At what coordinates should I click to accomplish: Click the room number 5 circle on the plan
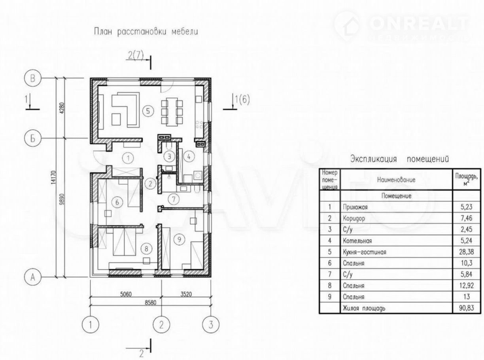[x=148, y=111]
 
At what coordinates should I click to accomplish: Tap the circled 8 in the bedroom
[x=146, y=249]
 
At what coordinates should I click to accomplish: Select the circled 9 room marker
[x=180, y=239]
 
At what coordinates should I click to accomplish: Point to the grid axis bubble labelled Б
[x=33, y=138]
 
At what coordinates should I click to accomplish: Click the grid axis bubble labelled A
[x=33, y=277]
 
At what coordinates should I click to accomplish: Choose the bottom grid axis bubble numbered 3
[x=211, y=325]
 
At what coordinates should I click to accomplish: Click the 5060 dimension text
[x=126, y=294]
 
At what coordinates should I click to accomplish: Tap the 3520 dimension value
[x=186, y=294]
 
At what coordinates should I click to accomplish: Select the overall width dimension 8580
[x=150, y=303]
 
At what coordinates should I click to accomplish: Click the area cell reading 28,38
[x=466, y=252]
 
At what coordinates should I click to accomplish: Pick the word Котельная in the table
[x=357, y=241]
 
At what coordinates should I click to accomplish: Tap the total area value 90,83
[x=466, y=308]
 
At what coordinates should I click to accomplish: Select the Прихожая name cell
[x=355, y=207]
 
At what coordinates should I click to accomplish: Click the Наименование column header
[x=396, y=180]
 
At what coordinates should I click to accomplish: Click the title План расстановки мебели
[x=146, y=32]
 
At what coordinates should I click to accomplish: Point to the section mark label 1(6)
[x=242, y=100]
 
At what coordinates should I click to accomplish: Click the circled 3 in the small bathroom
[x=169, y=156]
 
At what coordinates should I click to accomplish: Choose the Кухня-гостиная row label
[x=365, y=252]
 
